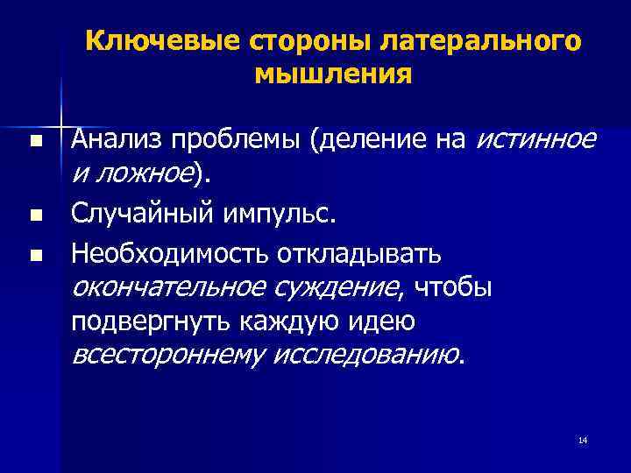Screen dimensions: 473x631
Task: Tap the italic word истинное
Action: point(537,139)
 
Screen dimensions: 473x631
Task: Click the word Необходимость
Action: point(170,254)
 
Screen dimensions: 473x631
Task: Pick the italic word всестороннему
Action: point(166,355)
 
